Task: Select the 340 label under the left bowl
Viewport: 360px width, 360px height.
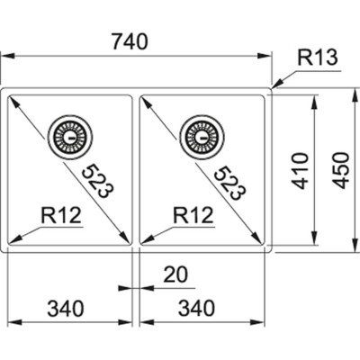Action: coord(66,309)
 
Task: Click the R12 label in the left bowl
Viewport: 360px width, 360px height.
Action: coord(60,215)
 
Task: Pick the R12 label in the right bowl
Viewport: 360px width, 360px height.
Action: coord(191,215)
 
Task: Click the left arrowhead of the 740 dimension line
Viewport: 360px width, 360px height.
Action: coord(5,57)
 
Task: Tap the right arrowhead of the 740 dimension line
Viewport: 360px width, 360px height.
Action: coord(267,57)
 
